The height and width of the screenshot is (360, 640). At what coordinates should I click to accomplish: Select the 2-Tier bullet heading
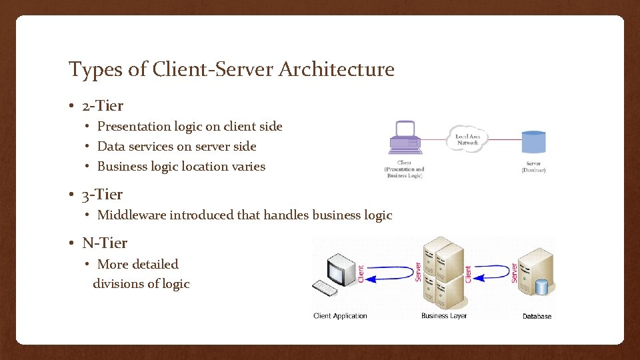click(x=103, y=105)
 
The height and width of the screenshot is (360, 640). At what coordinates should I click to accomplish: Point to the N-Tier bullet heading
click(x=105, y=243)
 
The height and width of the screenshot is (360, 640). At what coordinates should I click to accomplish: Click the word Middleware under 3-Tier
click(x=131, y=215)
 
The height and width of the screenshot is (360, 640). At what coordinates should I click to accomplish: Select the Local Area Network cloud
click(x=468, y=139)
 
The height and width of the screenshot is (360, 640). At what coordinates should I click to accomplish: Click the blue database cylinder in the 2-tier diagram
click(x=533, y=142)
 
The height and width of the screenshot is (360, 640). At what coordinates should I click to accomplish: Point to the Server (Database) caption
click(x=533, y=167)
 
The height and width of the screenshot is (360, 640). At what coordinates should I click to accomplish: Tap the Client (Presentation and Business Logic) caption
click(x=404, y=169)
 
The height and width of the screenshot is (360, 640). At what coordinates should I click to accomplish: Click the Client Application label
click(x=340, y=316)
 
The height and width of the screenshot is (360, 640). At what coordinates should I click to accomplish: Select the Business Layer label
click(x=444, y=316)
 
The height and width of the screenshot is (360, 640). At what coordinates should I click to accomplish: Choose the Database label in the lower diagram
click(x=537, y=316)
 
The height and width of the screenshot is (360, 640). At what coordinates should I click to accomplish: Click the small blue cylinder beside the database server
click(x=541, y=287)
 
